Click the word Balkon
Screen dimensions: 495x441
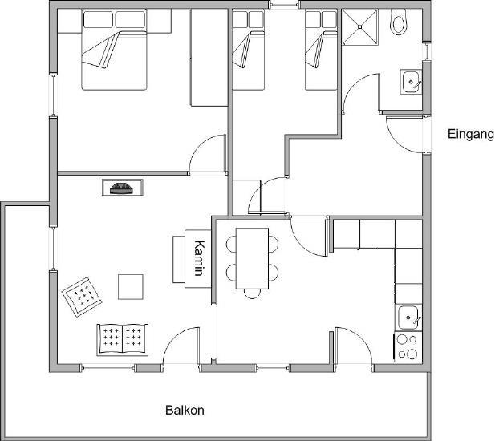point(185,410)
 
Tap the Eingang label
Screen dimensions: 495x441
point(471,135)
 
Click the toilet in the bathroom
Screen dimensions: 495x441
point(399,22)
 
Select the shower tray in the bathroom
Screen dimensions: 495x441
point(360,27)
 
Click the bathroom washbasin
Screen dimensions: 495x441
point(412,82)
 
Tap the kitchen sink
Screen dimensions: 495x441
point(408,318)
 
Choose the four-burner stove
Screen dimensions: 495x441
point(408,346)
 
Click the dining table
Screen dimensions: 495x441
point(252,258)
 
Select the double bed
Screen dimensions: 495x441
point(114,50)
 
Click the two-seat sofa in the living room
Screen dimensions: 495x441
point(123,340)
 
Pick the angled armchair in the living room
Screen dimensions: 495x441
point(82,296)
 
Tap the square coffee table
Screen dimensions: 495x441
point(131,287)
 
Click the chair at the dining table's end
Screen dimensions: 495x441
point(252,293)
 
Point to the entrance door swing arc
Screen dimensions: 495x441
point(404,135)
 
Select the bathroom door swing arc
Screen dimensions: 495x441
point(361,92)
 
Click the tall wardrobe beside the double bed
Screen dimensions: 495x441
point(209,58)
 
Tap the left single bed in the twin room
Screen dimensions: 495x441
point(248,50)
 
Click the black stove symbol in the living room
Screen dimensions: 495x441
point(121,188)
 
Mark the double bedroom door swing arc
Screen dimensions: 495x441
point(208,154)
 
